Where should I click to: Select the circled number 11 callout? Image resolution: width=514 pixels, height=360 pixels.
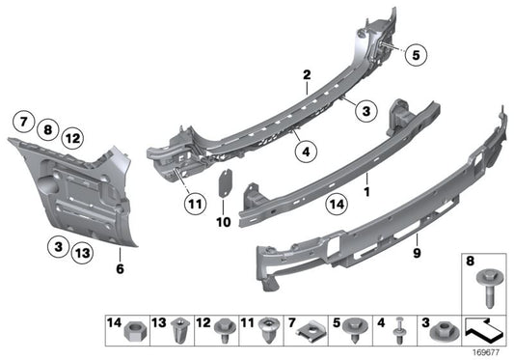[x=196, y=204]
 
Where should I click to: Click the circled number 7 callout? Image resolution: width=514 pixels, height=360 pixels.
[x=21, y=123]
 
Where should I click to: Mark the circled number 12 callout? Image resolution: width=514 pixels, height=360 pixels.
[x=72, y=138]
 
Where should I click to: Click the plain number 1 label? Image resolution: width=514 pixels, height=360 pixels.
[x=367, y=179]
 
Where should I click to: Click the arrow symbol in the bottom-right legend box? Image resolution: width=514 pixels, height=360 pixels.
[x=483, y=331]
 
